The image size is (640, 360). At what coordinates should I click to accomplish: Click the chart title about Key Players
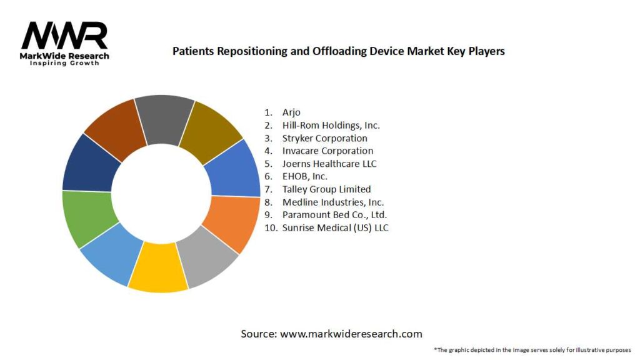tap(338, 51)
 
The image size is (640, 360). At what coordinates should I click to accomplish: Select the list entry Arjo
tap(291, 112)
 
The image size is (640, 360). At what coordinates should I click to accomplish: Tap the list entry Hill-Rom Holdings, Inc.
tap(331, 125)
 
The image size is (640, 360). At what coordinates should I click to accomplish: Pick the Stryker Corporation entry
tap(324, 138)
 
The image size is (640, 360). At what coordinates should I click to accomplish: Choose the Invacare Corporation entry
tap(327, 151)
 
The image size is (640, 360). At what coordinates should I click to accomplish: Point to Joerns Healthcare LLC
tap(329, 164)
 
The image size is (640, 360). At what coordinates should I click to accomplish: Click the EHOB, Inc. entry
tap(305, 176)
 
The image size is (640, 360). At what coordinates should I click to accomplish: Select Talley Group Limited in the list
tap(326, 189)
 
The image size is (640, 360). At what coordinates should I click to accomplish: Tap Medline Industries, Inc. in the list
tap(332, 202)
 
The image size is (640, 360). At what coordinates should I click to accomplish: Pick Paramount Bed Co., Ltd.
tap(331, 215)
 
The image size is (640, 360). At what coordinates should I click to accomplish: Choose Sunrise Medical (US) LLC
tap(335, 227)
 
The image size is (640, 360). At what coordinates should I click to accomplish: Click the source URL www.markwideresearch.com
tap(351, 334)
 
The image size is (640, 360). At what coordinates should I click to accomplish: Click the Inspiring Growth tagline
tap(64, 64)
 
